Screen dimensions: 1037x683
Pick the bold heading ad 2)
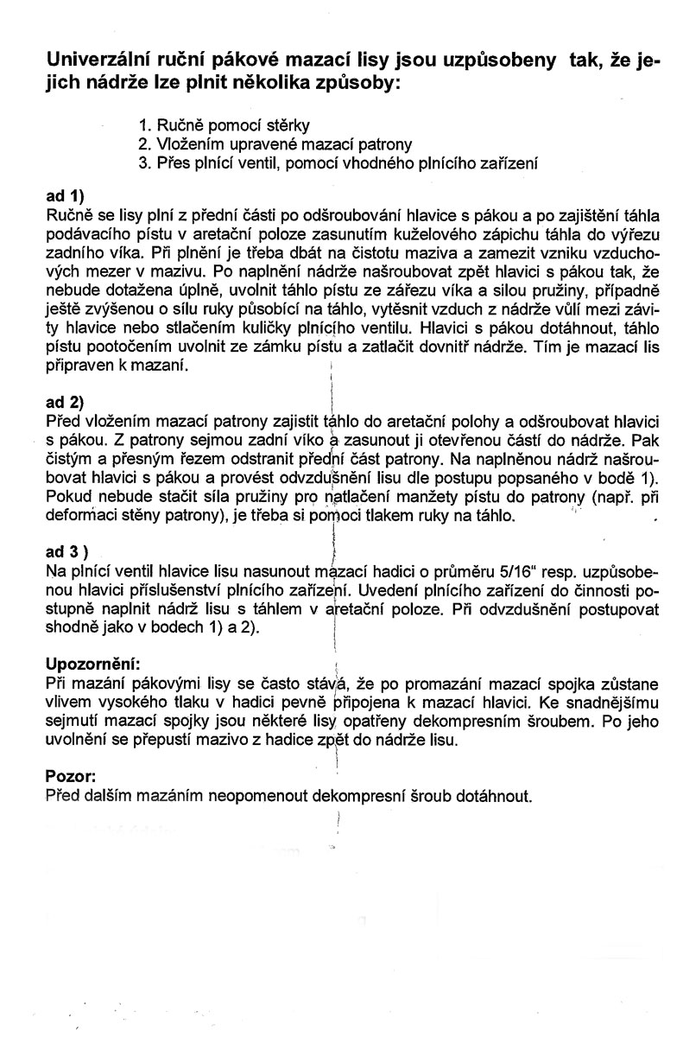(x=68, y=402)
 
